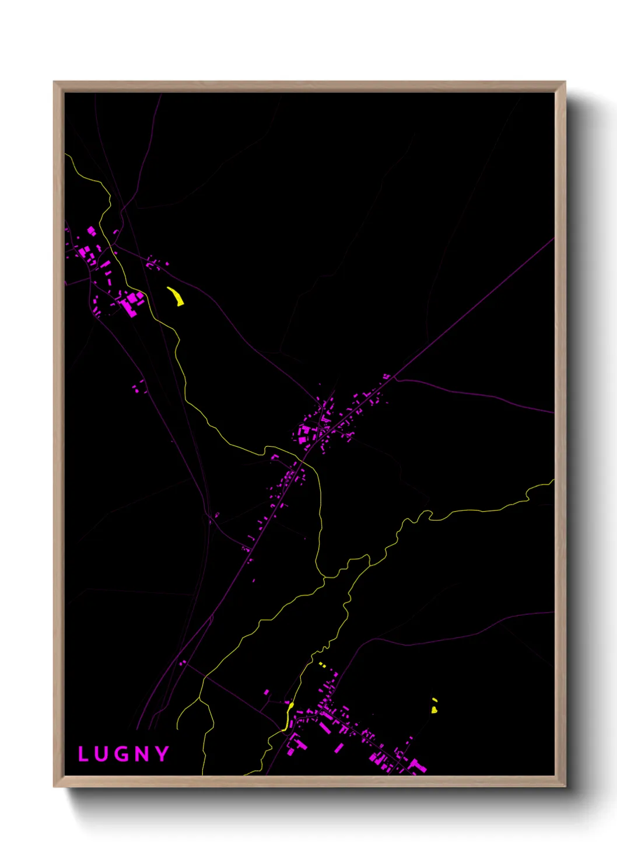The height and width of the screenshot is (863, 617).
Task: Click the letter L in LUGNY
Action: (83, 754)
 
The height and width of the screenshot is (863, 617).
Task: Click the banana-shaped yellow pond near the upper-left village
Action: (176, 296)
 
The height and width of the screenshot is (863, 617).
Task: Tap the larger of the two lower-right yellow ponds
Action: (434, 710)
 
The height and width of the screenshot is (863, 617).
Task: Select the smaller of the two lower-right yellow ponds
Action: (434, 700)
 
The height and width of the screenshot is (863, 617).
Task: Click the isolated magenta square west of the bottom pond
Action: (267, 692)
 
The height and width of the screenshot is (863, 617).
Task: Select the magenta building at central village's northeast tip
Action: (386, 376)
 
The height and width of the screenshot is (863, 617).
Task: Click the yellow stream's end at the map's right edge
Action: (552, 481)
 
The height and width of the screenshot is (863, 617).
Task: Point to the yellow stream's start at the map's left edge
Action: (66, 155)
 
